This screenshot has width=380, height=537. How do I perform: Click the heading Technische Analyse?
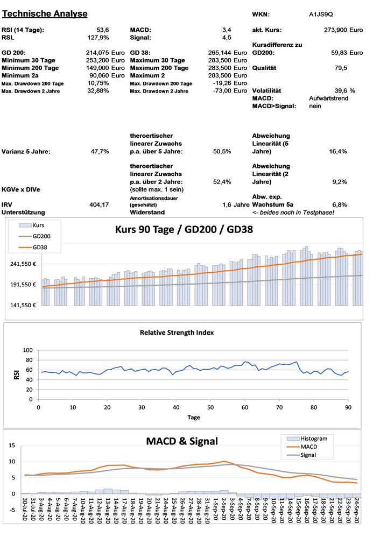(x=45, y=13)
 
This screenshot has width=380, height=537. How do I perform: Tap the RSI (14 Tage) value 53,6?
(x=102, y=30)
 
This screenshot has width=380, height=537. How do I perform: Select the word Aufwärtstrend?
(x=329, y=98)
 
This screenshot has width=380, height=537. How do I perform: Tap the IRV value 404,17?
(x=99, y=204)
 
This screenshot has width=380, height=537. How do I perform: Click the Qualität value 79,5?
(x=341, y=68)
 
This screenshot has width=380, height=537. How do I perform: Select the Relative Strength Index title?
(x=177, y=333)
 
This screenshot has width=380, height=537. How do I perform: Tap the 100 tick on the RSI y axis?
(x=27, y=351)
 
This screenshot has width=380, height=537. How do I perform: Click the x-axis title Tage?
(x=194, y=417)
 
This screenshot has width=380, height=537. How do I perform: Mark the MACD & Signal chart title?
(x=182, y=441)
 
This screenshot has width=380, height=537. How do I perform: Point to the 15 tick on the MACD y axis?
(x=13, y=447)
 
